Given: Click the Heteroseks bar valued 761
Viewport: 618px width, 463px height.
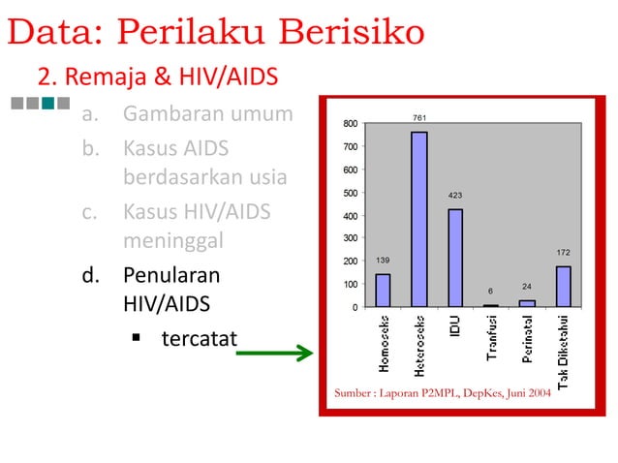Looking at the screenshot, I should (x=418, y=219).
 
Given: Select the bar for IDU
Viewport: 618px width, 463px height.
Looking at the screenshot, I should (x=455, y=258).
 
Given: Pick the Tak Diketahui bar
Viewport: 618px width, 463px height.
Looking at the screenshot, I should (x=563, y=287).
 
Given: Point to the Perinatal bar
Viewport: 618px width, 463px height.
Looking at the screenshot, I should (x=527, y=303).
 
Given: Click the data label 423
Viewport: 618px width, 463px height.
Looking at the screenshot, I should (x=455, y=196).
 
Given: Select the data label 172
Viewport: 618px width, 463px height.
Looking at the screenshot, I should (x=563, y=253).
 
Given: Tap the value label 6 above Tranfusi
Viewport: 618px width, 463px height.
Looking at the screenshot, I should (x=490, y=291).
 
